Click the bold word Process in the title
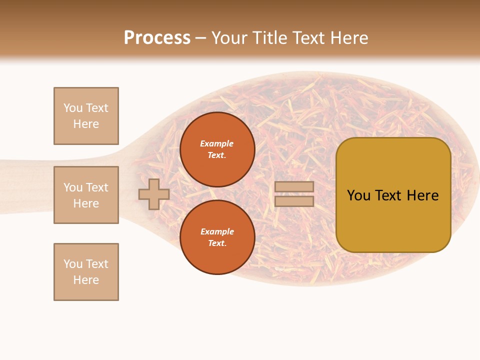pyautogui.click(x=157, y=37)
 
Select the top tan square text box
pyautogui.click(x=86, y=116)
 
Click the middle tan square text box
pyautogui.click(x=86, y=195)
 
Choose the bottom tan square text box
pyautogui.click(x=86, y=272)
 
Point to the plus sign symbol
pyautogui.click(x=154, y=194)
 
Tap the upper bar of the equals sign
pyautogui.click(x=294, y=186)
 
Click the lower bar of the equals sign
pyautogui.click(x=294, y=201)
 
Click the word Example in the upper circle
pyautogui.click(x=216, y=143)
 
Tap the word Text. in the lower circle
pyautogui.click(x=217, y=243)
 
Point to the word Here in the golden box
pyautogui.click(x=422, y=195)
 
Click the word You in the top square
pyautogui.click(x=72, y=108)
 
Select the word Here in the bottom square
pyautogui.click(x=86, y=280)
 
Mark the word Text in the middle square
pyautogui.click(x=97, y=187)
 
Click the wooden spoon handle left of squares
pyautogui.click(x=25, y=186)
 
